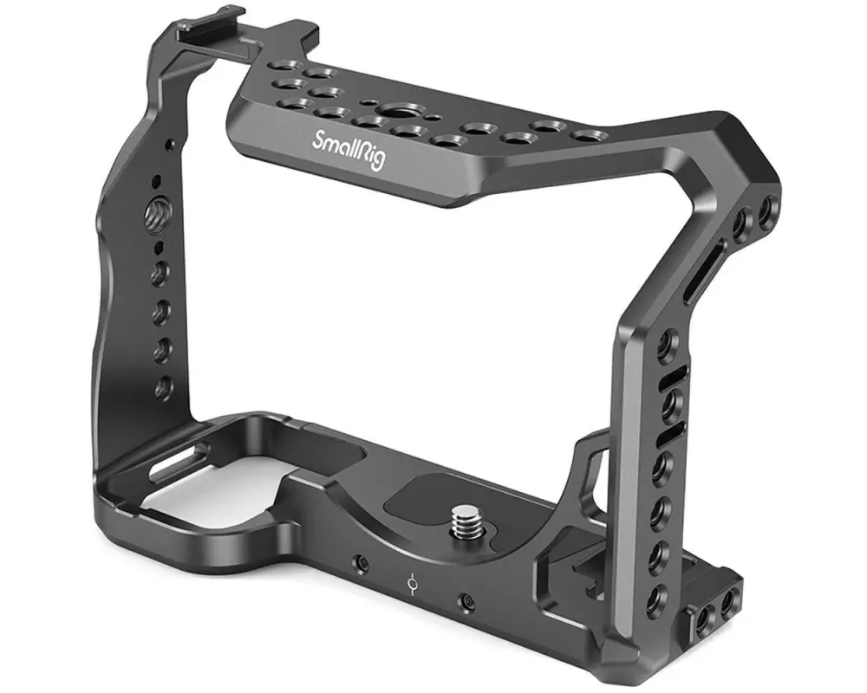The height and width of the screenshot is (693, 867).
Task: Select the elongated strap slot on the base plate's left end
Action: [x=178, y=457]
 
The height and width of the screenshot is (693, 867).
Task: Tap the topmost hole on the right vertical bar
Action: [x=666, y=345]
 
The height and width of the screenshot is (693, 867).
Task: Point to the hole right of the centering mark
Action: [x=466, y=600]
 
